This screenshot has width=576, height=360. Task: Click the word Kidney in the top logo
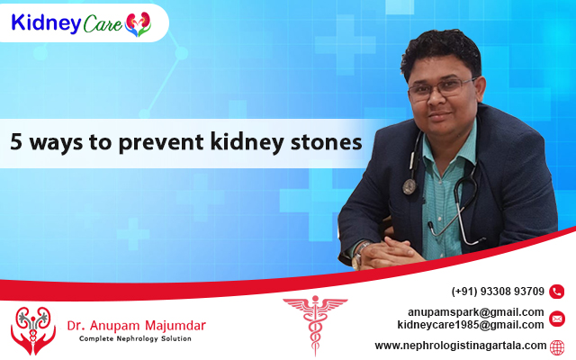point(46,23)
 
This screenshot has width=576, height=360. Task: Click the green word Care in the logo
point(103,24)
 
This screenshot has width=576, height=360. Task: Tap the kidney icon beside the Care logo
point(138,24)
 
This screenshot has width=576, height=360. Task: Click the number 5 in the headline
point(16,142)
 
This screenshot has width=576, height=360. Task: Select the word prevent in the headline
point(161,142)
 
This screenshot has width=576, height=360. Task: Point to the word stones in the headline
point(326,142)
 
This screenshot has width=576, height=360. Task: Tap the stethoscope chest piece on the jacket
point(409,186)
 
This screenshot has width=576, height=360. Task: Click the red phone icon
point(556,292)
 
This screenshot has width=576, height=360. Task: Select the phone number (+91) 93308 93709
point(498,292)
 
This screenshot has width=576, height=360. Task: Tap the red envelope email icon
point(556,319)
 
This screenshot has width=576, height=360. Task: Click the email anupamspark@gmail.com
point(476,312)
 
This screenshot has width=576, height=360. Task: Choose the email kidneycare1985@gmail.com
point(471,325)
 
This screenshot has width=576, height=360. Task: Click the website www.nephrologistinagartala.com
point(461,346)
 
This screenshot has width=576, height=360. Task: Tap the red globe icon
point(557,347)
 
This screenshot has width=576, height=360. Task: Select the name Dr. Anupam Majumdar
point(136,326)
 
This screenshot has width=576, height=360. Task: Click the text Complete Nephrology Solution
point(135,338)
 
